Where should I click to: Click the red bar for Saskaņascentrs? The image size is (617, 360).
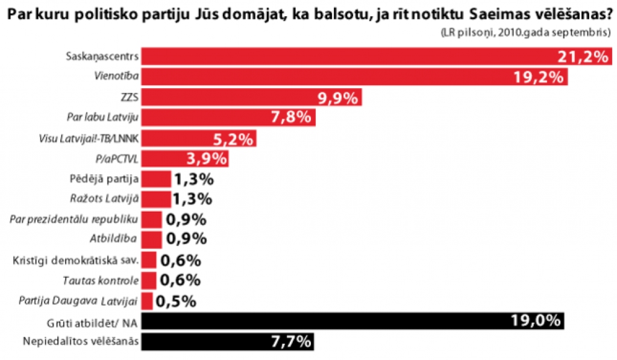coord(349,57)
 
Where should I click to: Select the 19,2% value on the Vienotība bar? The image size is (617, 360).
coord(539,77)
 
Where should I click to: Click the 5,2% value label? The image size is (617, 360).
coord(232,139)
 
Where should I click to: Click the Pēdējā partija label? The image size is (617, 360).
coord(105,179)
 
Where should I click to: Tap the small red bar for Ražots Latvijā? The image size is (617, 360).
coord(158,200)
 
